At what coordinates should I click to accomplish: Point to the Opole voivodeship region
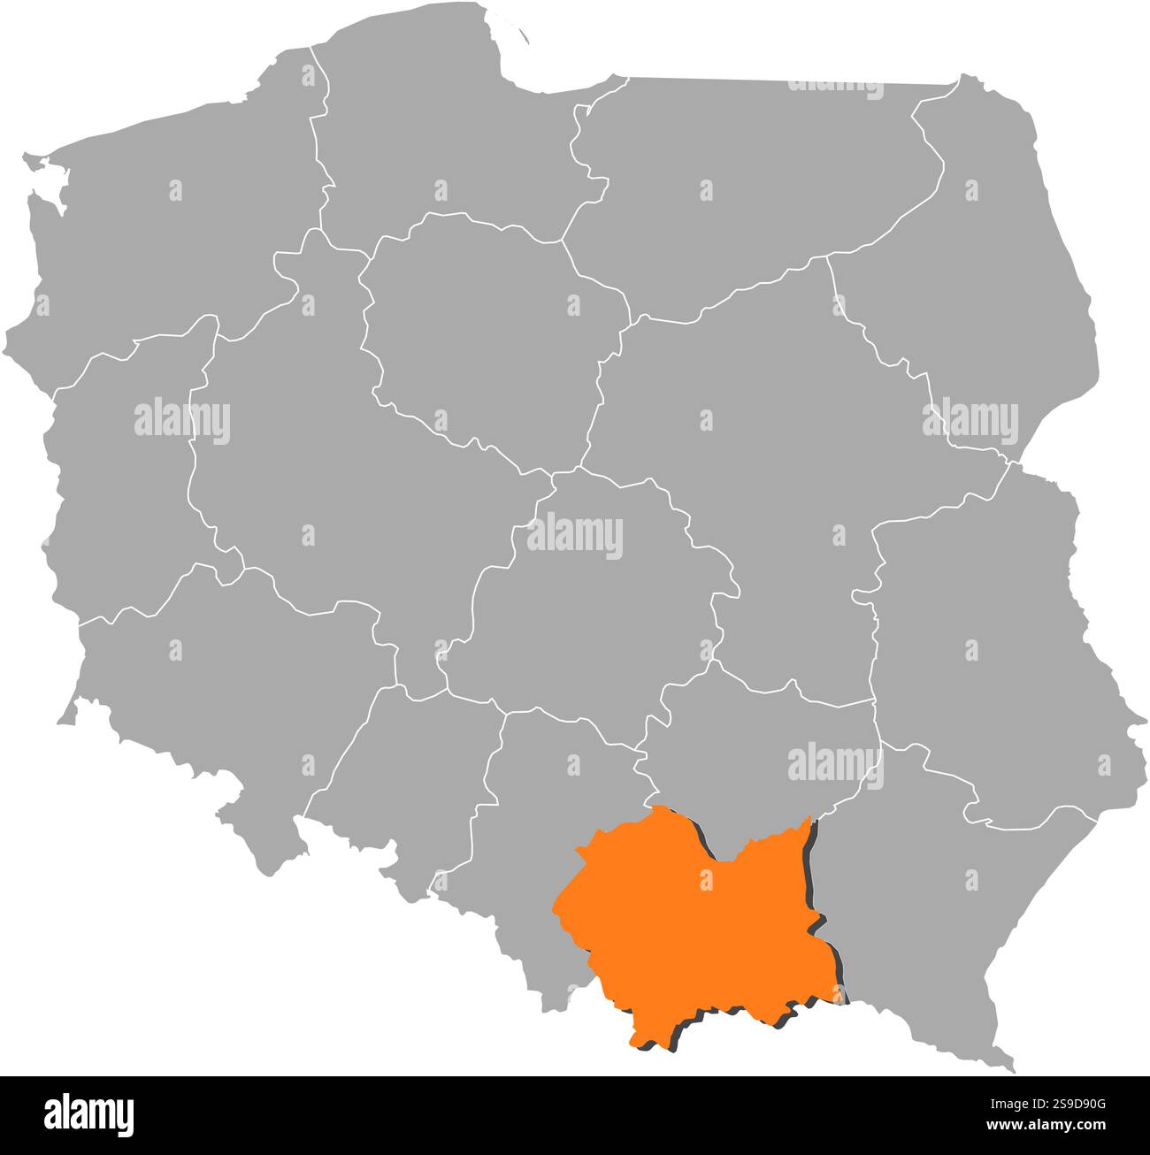(398, 769)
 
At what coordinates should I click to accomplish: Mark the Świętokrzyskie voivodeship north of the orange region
(761, 743)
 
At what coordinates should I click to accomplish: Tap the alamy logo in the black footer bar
(88, 1113)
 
